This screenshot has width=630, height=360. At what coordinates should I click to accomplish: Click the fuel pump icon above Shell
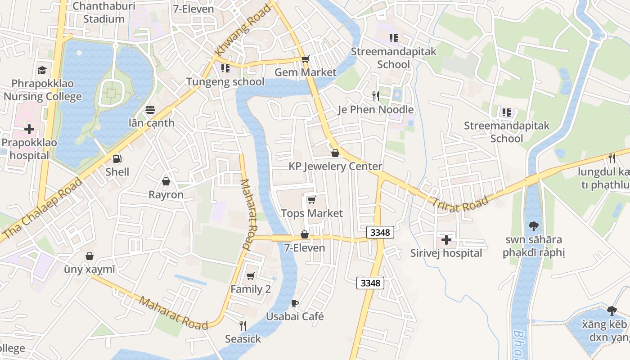pyautogui.click(x=117, y=158)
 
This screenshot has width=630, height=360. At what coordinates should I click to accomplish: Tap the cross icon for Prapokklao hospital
pyautogui.click(x=29, y=130)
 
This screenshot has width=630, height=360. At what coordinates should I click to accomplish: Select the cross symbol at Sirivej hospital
pyautogui.click(x=446, y=240)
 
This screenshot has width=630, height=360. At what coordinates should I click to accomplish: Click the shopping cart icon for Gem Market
pyautogui.click(x=306, y=59)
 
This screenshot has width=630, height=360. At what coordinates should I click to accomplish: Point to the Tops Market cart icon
pyautogui.click(x=311, y=200)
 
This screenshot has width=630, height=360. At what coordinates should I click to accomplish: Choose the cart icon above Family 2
pyautogui.click(x=251, y=275)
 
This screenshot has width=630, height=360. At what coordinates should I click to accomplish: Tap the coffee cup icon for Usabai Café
pyautogui.click(x=295, y=303)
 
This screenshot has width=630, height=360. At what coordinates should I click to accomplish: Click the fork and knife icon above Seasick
pyautogui.click(x=243, y=325)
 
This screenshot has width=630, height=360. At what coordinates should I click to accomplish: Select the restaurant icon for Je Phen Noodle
pyautogui.click(x=376, y=96)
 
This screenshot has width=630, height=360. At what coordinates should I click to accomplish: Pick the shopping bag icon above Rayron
pyautogui.click(x=166, y=181)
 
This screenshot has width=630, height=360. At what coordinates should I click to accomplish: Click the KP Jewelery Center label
pyautogui.click(x=335, y=166)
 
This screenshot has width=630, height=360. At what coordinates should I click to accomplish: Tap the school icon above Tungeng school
pyautogui.click(x=225, y=68)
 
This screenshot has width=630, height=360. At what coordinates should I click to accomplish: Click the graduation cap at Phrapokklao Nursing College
pyautogui.click(x=42, y=70)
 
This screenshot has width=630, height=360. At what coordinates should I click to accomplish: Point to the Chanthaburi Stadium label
pyautogui.click(x=104, y=13)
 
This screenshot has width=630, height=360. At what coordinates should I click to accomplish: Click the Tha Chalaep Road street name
pyautogui.click(x=42, y=208)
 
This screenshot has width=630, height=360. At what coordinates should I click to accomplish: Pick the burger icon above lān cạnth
pyautogui.click(x=150, y=110)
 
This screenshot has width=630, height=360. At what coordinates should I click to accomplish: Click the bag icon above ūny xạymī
pyautogui.click(x=90, y=256)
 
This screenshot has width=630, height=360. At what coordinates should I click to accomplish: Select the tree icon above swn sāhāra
pyautogui.click(x=533, y=226)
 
